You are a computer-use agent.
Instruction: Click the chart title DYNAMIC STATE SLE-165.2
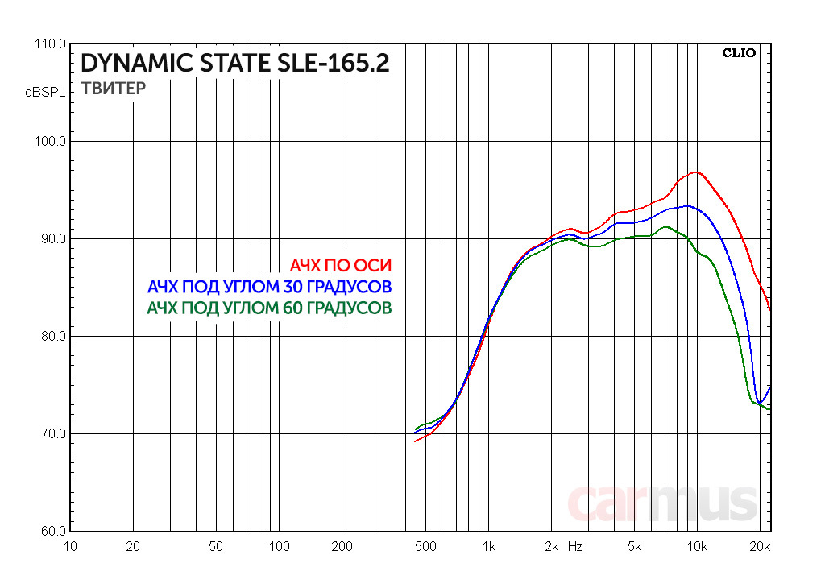coord(234,64)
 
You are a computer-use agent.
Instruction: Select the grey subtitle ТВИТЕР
coord(114,89)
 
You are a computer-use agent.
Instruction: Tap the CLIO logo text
coord(738,54)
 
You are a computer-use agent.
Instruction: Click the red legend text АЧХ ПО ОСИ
coord(341,266)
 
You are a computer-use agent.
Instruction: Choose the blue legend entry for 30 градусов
coord(269,287)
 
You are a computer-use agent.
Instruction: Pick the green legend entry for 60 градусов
coord(269,308)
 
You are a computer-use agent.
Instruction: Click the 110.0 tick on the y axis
coord(51,44)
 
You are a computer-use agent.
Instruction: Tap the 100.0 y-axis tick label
coord(51,142)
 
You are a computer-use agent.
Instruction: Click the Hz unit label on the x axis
coord(574,546)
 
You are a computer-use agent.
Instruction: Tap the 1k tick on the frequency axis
coord(488,547)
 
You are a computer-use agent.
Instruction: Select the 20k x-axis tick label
coord(760,547)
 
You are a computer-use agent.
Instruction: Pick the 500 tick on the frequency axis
coord(425,547)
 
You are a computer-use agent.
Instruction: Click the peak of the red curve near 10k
coord(696,172)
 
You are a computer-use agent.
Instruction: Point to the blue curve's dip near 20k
coord(760,403)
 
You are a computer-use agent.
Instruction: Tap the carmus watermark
coord(662,502)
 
